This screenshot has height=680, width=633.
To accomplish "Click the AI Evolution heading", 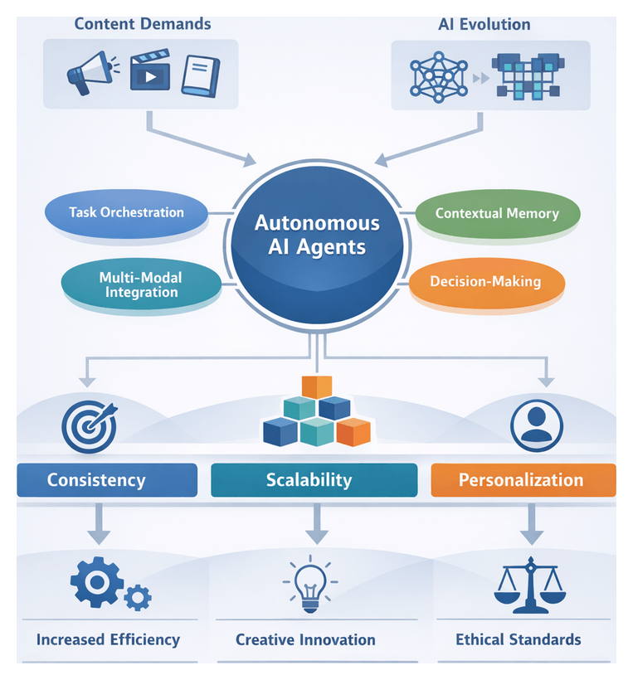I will pos(484,23).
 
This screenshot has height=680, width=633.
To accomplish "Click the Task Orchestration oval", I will pos(126,212).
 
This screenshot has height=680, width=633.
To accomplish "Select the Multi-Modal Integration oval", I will pos(140,284).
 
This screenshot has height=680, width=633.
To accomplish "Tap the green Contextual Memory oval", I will pos(496,213).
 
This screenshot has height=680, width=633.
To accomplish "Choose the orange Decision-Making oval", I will pos(485,282).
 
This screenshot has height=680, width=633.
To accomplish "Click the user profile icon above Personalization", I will pos(536,425).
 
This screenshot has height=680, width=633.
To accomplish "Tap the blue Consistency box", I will pos(107,480).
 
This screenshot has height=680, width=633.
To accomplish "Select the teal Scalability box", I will pos(314,480).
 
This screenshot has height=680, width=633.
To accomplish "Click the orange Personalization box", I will pos(523,480).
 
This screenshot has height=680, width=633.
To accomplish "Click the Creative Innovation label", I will pos(305,639).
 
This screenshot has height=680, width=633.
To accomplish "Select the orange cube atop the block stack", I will pos(316,386).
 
